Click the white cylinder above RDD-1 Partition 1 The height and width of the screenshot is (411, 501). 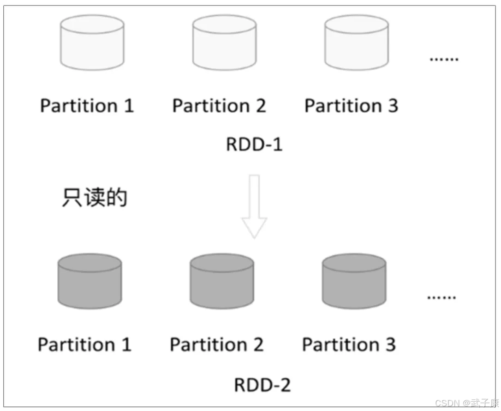pos(92,42)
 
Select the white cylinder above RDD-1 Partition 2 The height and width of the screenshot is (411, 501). pos(224,42)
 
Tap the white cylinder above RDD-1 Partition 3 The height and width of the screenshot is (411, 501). pos(357,42)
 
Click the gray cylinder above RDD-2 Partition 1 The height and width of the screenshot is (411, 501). pos(90,281)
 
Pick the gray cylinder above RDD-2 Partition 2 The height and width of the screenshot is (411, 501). pos(222,281)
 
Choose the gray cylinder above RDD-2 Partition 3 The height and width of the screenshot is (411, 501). pos(354,281)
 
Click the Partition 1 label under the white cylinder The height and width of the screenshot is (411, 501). pos(87,106)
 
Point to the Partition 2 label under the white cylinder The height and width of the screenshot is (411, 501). pos(219,106)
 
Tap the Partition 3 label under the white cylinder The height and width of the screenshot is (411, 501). pos(352,106)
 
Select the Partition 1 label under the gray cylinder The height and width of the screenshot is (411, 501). pos(85,345)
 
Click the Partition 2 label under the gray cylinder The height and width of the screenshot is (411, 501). pos(217,345)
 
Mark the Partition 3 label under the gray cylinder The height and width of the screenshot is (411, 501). pos(349,345)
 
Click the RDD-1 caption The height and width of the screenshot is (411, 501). pos(254,144)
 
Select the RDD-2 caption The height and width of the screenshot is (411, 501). pos(262,385)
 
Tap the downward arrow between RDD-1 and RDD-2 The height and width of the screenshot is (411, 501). pos(254,206)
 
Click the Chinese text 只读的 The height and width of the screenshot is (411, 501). pos(95,197)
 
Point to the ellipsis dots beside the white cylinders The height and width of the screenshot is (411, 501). pos(444,59)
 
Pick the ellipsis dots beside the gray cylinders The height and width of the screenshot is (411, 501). pos(441,297)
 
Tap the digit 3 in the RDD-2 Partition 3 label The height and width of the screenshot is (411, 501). pos(390,345)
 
